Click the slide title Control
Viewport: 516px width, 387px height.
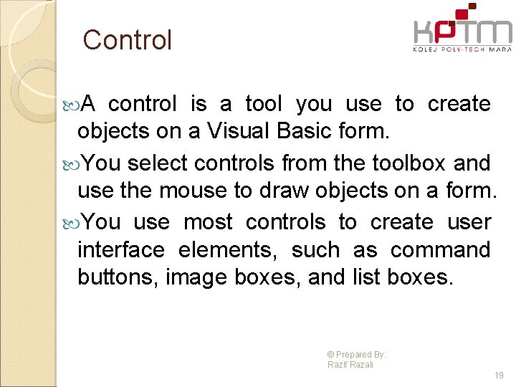coord(128,40)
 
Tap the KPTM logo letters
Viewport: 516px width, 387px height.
coord(462,33)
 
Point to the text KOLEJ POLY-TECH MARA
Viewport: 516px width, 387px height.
coord(462,49)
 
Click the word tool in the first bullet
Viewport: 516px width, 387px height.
coord(264,105)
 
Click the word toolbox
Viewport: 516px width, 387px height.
coord(409,163)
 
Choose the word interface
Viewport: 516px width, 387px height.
coord(121,250)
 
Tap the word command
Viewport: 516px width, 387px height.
coord(441,250)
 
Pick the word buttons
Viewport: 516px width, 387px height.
coord(118,277)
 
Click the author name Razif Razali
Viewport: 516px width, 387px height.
coord(350,365)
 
